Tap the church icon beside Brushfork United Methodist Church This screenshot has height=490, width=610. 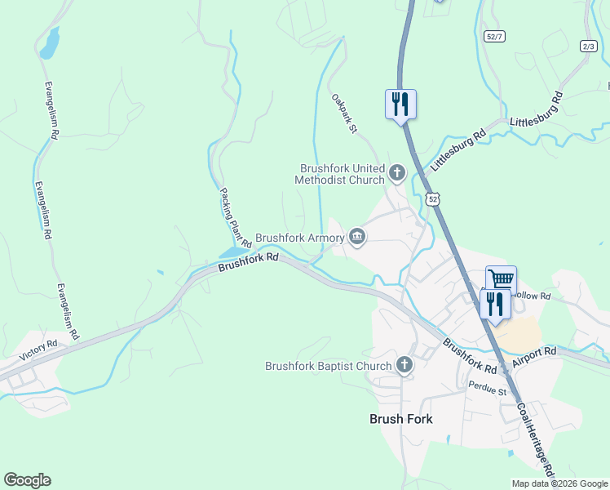click(397, 172)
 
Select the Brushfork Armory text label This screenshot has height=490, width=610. click(299, 238)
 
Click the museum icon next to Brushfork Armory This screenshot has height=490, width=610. click(356, 237)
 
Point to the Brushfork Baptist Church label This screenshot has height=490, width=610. click(328, 366)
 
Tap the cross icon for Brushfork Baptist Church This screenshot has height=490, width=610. click(404, 365)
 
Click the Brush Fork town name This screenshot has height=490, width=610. click(401, 419)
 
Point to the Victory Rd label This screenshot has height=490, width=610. click(41, 345)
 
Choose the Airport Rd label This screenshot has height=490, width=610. click(534, 355)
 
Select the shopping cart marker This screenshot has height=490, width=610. click(501, 279)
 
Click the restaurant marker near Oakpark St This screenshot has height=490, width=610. click(400, 104)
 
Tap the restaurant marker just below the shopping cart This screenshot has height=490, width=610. click(495, 303)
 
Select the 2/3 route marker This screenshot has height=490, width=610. click(589, 46)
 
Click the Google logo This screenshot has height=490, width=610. click(28, 480)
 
